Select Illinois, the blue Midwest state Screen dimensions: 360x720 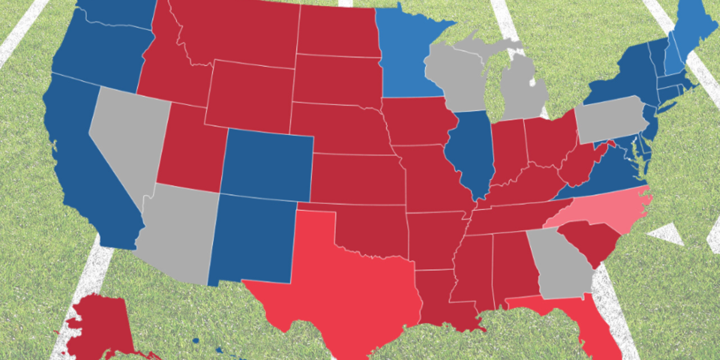[471, 150]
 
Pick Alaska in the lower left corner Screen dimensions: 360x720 [99, 327]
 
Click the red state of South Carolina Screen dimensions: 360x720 [588, 240]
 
